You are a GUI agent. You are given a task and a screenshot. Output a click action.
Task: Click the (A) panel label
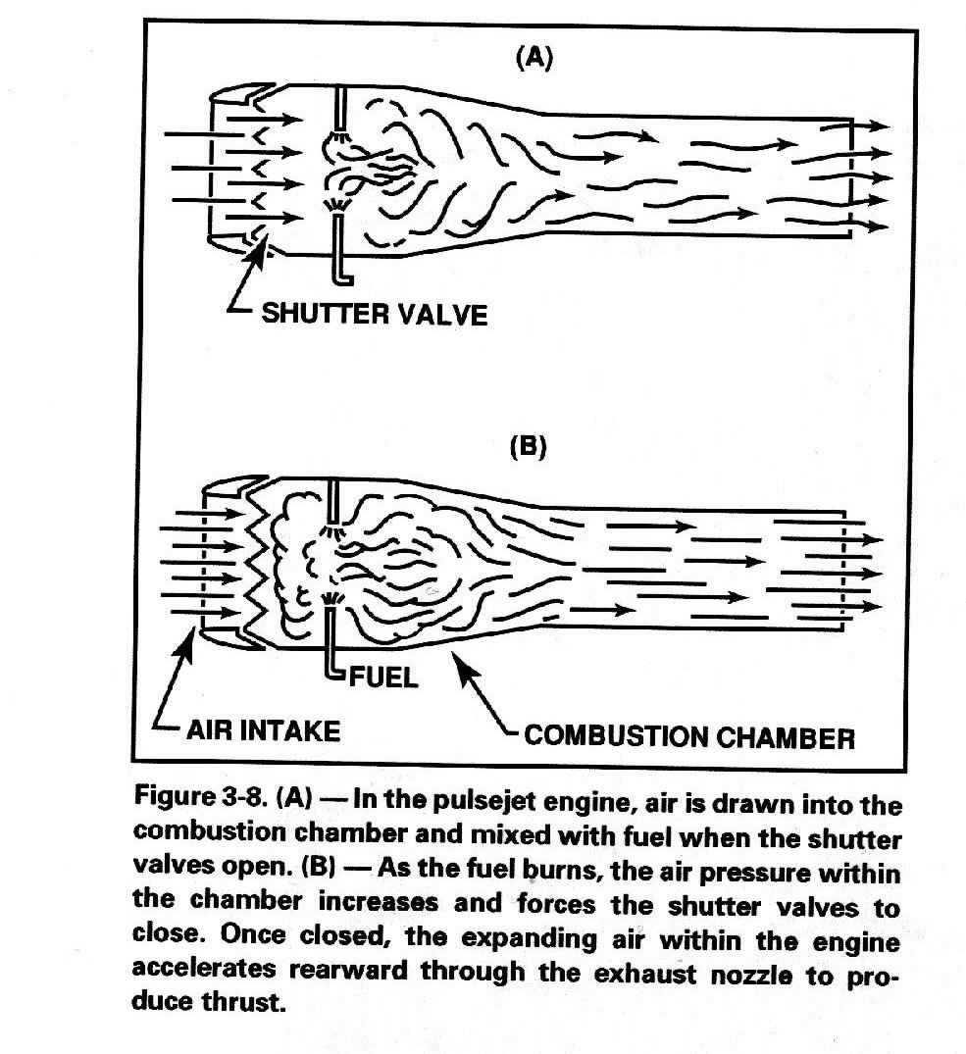pos(534,59)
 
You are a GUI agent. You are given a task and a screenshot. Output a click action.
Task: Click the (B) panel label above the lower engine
pos(529,446)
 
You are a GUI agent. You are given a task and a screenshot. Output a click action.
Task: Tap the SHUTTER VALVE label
pos(375,314)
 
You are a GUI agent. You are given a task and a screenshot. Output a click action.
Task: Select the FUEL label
pos(383,677)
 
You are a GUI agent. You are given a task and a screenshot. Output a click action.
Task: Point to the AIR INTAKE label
pos(263,730)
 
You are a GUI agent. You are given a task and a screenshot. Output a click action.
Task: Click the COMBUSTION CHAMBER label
pos(689,736)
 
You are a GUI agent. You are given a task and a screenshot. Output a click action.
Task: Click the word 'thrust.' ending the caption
pos(243,1002)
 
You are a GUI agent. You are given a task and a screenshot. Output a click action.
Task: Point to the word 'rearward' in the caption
pos(347,971)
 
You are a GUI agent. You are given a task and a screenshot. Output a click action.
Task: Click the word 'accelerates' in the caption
pos(204,969)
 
